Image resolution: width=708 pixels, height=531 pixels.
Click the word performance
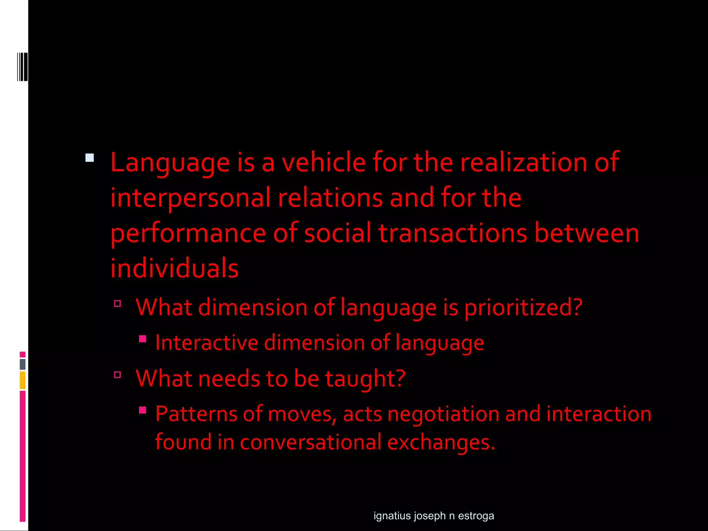[x=188, y=234]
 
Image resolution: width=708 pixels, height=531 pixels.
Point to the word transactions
[x=453, y=233]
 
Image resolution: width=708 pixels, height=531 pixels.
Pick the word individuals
[x=174, y=268]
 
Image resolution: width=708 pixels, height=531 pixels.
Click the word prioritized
[x=523, y=308]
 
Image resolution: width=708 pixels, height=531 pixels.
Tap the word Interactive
[x=207, y=343]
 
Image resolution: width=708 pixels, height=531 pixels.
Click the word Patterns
[x=196, y=414]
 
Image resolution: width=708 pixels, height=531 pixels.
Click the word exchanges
[x=441, y=442]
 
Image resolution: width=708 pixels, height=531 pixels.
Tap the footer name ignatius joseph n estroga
[x=434, y=516]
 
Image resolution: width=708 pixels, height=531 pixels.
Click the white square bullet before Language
[x=90, y=158]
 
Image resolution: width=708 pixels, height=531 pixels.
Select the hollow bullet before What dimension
[x=118, y=304]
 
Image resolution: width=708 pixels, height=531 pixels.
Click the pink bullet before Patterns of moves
[x=142, y=410]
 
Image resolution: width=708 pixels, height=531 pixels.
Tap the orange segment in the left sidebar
[x=22, y=380]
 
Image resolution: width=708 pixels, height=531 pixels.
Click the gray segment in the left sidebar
[x=22, y=364]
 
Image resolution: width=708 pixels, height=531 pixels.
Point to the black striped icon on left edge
[x=22, y=67]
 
